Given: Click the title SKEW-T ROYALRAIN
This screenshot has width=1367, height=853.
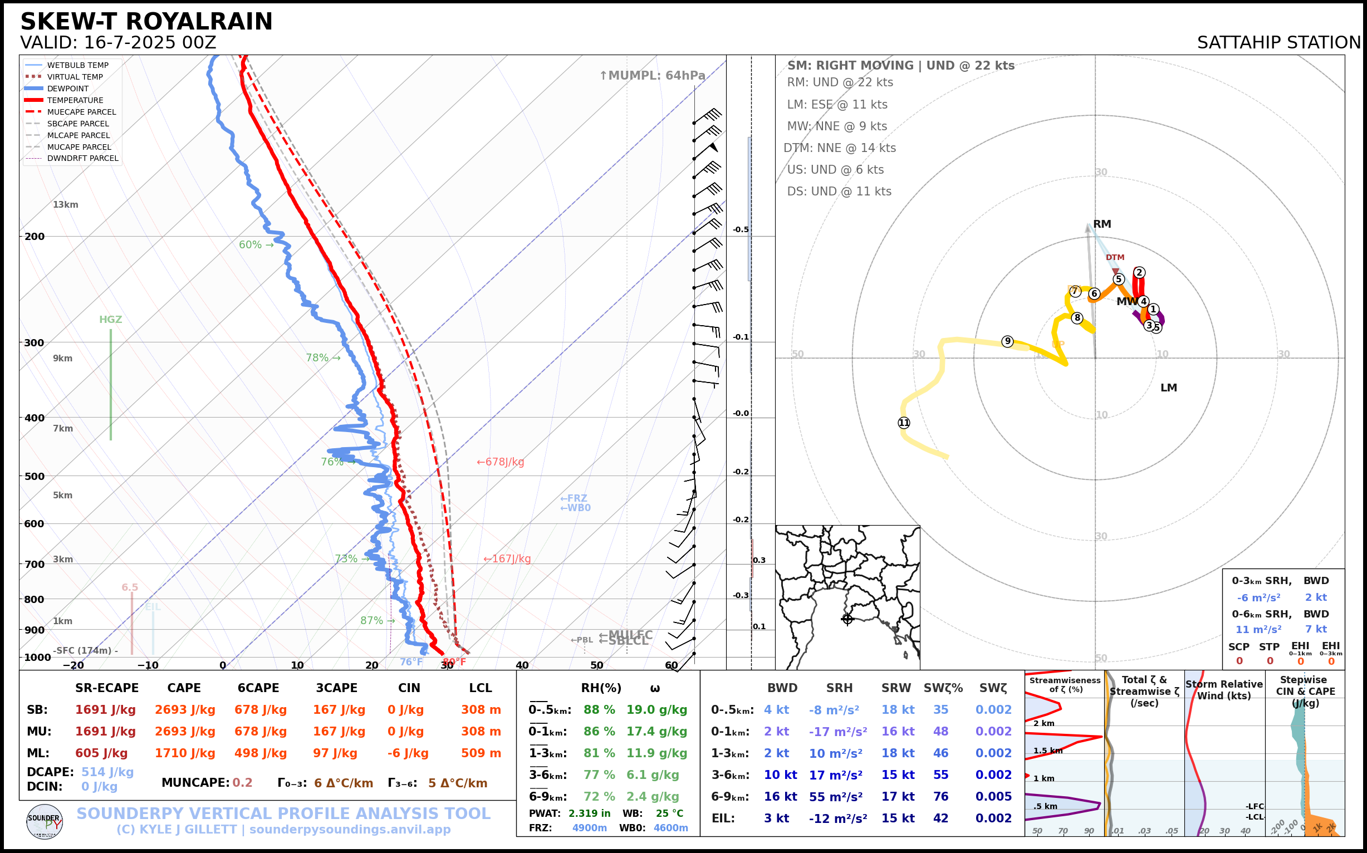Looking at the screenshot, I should pyautogui.click(x=146, y=22).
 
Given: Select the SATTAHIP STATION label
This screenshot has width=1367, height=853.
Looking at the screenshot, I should pyautogui.click(x=1278, y=43).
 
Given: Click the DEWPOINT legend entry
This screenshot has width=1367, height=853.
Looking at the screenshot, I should pyautogui.click(x=68, y=89).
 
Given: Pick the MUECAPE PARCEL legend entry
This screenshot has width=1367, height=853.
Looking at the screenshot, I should pyautogui.click(x=81, y=112).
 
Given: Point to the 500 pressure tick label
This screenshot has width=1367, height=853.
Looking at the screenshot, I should pyautogui.click(x=35, y=476).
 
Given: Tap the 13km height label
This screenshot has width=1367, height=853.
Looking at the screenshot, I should pyautogui.click(x=66, y=204).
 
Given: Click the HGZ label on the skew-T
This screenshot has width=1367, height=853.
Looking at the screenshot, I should pyautogui.click(x=111, y=319).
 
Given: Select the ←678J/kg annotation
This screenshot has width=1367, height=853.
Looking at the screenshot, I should pyautogui.click(x=501, y=462).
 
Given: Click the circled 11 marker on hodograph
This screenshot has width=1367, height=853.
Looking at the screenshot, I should pyautogui.click(x=904, y=423).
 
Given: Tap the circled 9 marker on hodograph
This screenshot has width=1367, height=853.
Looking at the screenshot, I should pyautogui.click(x=1007, y=341).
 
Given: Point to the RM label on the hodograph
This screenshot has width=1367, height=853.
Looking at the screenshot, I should pyautogui.click(x=1102, y=224).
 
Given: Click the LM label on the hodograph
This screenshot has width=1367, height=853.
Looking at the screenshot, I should pyautogui.click(x=1168, y=388).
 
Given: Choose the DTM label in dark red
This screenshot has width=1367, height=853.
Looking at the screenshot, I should pyautogui.click(x=1115, y=257).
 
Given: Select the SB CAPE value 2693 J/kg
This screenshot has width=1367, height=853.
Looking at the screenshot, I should pyautogui.click(x=185, y=710).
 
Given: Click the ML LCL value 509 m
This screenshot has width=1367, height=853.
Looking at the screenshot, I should pyautogui.click(x=481, y=753).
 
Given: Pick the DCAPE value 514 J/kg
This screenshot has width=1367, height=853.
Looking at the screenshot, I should pyautogui.click(x=107, y=772).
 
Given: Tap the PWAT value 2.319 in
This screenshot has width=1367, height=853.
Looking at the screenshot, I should pyautogui.click(x=589, y=813).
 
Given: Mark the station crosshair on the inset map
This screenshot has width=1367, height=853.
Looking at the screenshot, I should pyautogui.click(x=847, y=619).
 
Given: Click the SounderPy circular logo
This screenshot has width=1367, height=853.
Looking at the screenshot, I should pyautogui.click(x=45, y=821).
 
